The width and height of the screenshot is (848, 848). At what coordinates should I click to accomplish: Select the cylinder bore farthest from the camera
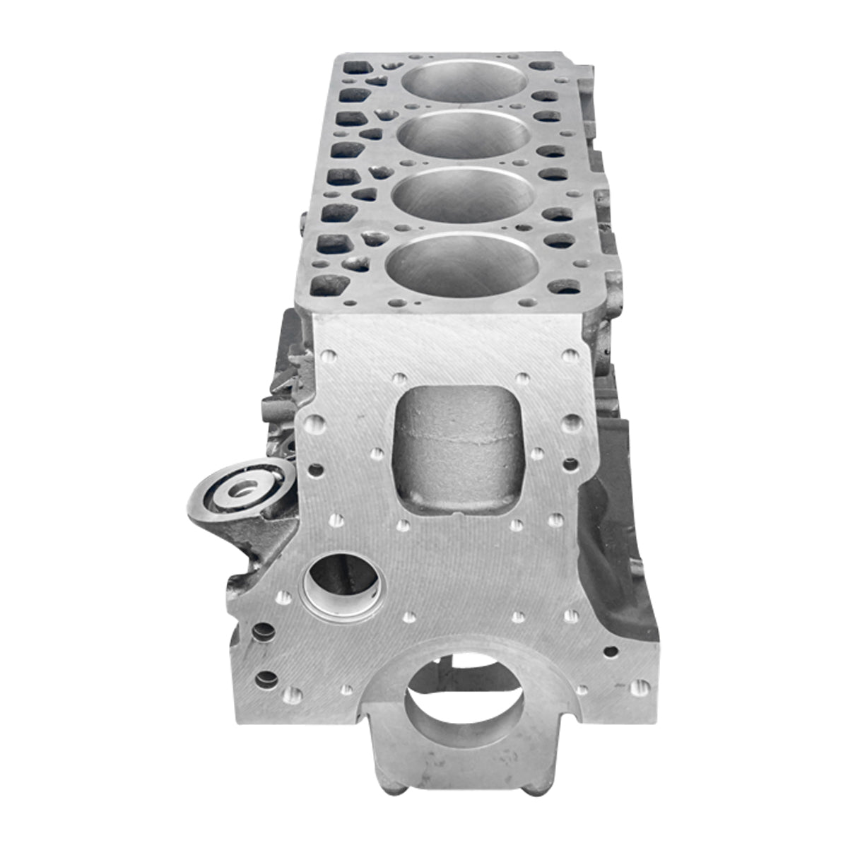pos(464,80)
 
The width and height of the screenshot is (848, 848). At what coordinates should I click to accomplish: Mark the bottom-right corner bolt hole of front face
pos(640,685)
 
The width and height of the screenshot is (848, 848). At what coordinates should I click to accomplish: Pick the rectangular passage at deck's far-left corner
pos(354,69)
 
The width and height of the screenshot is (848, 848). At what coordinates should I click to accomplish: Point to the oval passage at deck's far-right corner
pos(541,66)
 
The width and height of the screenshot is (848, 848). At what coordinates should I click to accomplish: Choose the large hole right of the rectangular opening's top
pos(571,423)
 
